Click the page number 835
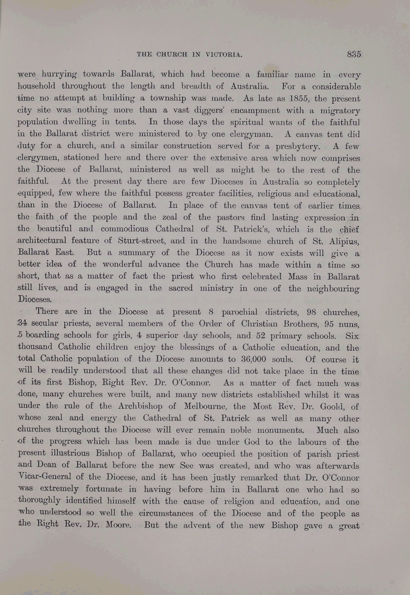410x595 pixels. tap(354, 54)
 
